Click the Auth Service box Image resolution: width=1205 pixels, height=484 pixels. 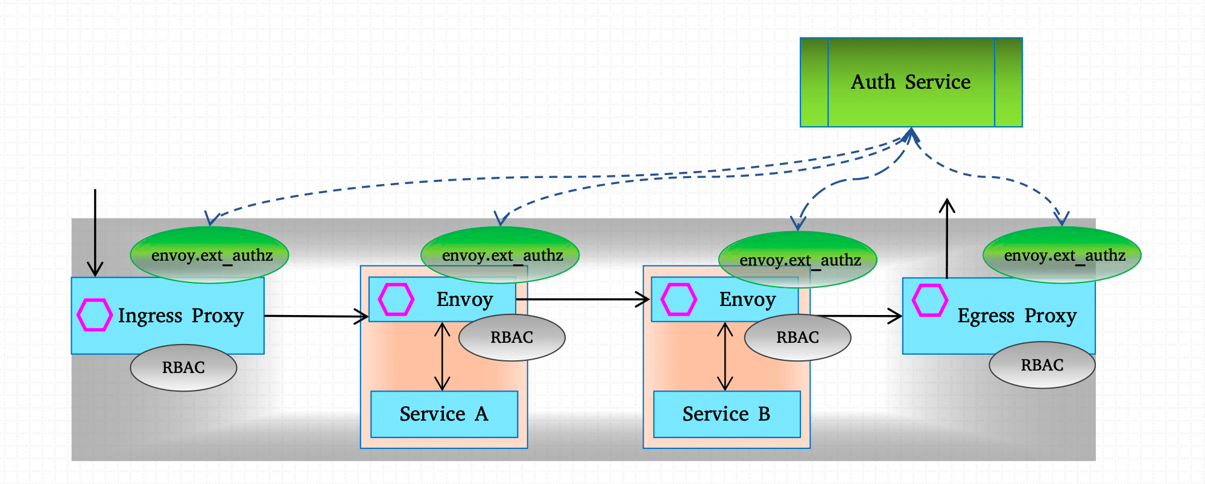[x=911, y=82]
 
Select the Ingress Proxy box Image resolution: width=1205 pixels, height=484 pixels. [x=181, y=316]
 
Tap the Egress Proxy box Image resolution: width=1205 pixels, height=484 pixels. [x=1017, y=316]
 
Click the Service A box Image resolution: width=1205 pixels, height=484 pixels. [x=444, y=414]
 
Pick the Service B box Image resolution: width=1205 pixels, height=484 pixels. [x=727, y=414]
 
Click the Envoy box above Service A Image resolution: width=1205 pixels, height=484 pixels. [x=464, y=300]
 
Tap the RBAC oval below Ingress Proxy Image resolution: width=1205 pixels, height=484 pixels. [x=183, y=368]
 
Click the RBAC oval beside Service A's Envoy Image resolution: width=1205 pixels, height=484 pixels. [x=511, y=337]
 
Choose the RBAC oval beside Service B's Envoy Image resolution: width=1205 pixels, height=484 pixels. [x=797, y=337]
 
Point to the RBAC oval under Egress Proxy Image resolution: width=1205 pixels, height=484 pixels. [x=1042, y=365]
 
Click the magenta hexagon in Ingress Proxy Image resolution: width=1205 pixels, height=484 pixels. [x=95, y=314]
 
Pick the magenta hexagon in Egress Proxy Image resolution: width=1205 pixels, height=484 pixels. [x=929, y=300]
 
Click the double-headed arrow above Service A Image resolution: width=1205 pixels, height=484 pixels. [x=443, y=356]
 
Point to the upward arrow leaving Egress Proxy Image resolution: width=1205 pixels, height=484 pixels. [x=947, y=238]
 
